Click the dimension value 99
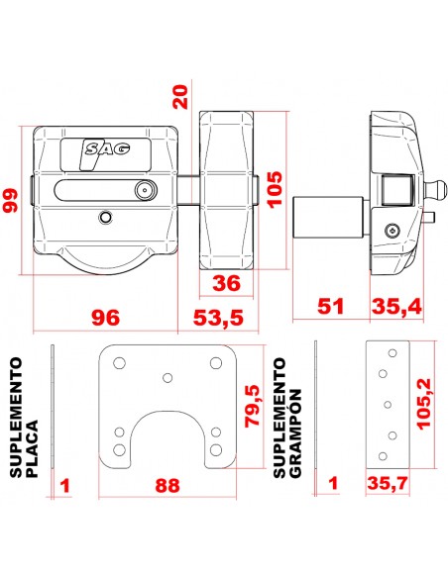tap(10, 200)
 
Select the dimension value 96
tap(106, 318)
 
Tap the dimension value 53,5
tap(218, 318)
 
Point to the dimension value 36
tap(226, 283)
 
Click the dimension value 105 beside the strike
tap(275, 189)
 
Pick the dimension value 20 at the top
tap(180, 97)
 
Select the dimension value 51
tap(331, 307)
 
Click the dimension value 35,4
tap(396, 307)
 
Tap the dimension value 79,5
tap(253, 406)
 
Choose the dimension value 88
tap(168, 485)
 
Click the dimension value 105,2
tap(424, 404)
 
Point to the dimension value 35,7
tap(388, 483)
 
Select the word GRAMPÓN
tap(295, 433)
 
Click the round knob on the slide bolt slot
tap(145, 191)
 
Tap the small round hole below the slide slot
tap(106, 218)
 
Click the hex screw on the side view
tap(392, 232)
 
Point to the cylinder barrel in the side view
tap(327, 217)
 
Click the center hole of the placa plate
tap(168, 378)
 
